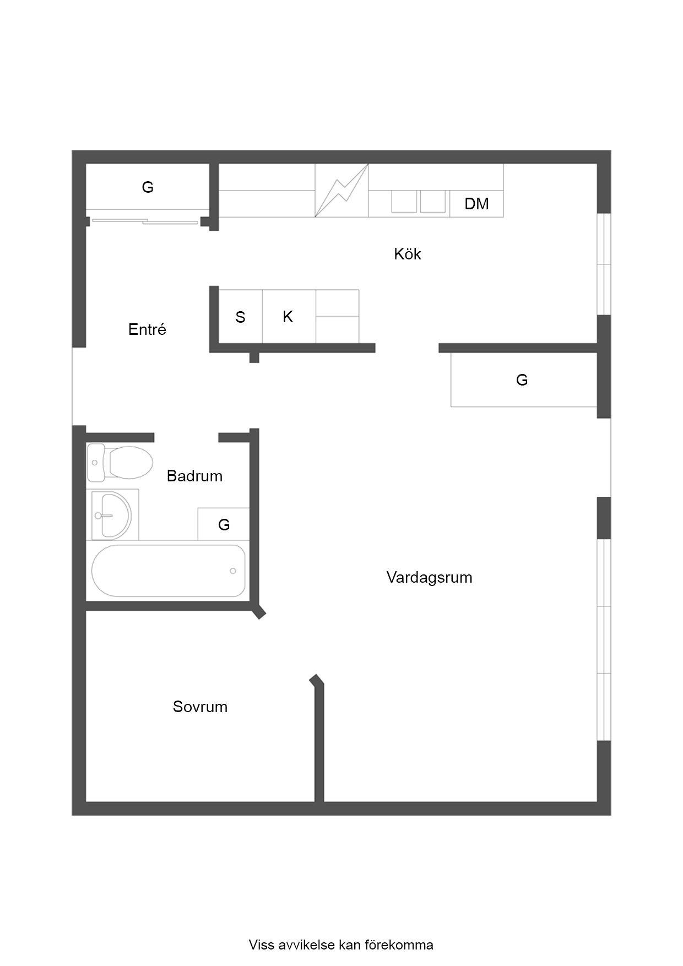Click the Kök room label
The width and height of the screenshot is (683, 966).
click(x=408, y=254)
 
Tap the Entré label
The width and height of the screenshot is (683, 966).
click(x=147, y=329)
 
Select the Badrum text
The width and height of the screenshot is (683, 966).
click(x=194, y=476)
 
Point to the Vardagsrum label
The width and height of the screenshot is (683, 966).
click(x=429, y=577)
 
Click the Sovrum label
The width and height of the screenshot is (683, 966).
click(x=200, y=707)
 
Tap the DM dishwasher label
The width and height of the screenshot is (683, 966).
click(x=476, y=204)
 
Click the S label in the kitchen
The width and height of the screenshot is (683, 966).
click(x=240, y=317)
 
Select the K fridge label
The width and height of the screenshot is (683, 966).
click(x=288, y=317)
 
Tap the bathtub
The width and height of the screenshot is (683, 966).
click(x=169, y=571)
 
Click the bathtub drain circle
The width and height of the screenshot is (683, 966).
click(x=233, y=571)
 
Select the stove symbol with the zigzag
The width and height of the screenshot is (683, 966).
click(x=341, y=191)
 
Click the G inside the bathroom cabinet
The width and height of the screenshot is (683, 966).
click(x=224, y=525)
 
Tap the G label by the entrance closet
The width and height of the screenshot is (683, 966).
click(x=148, y=187)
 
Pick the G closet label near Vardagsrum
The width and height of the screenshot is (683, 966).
click(x=522, y=380)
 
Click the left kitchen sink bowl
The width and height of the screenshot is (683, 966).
click(x=404, y=202)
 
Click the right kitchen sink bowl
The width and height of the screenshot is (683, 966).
click(x=433, y=202)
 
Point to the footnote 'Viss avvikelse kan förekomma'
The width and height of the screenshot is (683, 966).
click(x=341, y=945)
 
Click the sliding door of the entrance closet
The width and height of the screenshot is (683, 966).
click(x=145, y=221)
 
